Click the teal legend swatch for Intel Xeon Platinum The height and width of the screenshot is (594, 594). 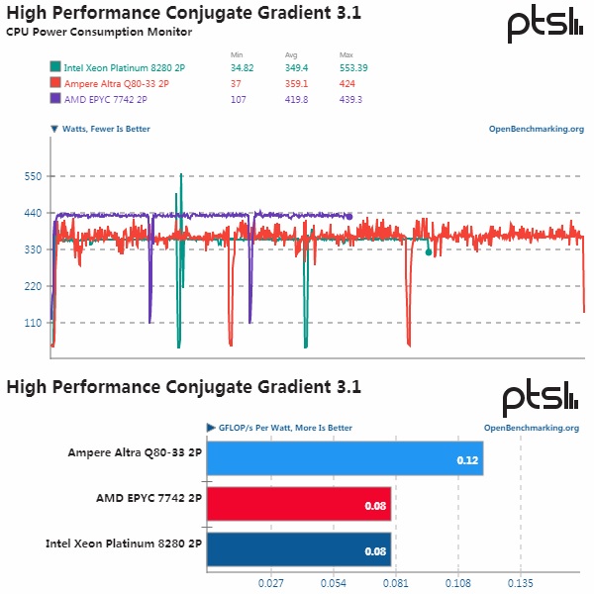[54, 68]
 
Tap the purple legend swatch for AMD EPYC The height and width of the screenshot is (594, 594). [54, 98]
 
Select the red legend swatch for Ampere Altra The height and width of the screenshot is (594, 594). [54, 83]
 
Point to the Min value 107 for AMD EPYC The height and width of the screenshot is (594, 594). [238, 98]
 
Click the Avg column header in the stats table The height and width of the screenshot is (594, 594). [292, 53]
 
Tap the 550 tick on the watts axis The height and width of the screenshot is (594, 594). [33, 176]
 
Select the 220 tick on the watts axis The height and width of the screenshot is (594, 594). [33, 286]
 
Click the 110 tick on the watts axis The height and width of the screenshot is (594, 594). [33, 323]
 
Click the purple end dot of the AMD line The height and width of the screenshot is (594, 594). [348, 216]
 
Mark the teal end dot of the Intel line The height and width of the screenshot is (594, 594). [428, 252]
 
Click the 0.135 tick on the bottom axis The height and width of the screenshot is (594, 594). [520, 582]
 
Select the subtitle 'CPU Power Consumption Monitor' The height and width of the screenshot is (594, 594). [99, 32]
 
